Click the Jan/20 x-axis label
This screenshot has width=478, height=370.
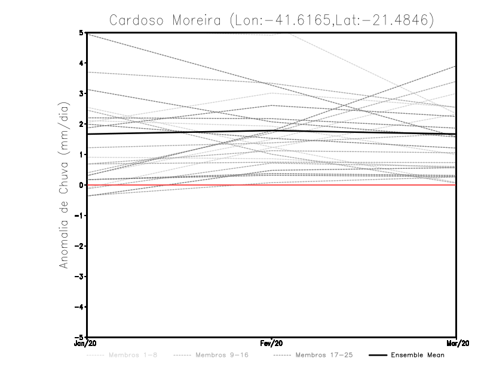87,344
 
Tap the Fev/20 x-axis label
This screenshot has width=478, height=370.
272,344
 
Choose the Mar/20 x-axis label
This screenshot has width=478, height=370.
456,344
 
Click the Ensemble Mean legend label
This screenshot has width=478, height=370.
418,356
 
